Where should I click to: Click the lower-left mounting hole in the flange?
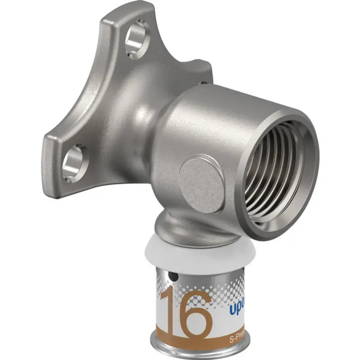pyautogui.click(x=72, y=163)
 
